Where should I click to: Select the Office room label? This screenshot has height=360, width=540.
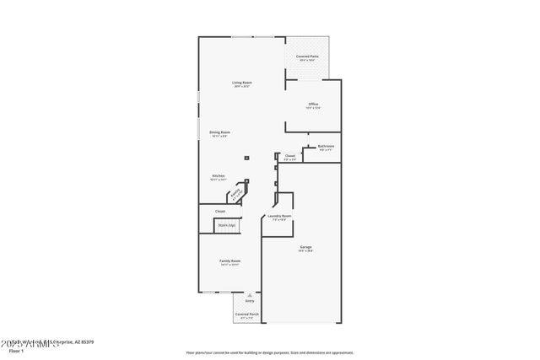313,105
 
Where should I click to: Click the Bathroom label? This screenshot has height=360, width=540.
326,147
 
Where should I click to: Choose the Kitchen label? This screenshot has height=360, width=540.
218,176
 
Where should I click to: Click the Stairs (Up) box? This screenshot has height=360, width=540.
226,225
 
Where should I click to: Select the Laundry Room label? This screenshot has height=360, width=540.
279,217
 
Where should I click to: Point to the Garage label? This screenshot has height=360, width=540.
305,247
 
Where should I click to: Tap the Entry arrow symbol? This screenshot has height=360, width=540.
249,295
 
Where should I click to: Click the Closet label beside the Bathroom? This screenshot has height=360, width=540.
289,156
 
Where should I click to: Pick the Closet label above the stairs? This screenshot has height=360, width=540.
219,211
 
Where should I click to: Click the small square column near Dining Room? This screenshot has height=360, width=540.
246,157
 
